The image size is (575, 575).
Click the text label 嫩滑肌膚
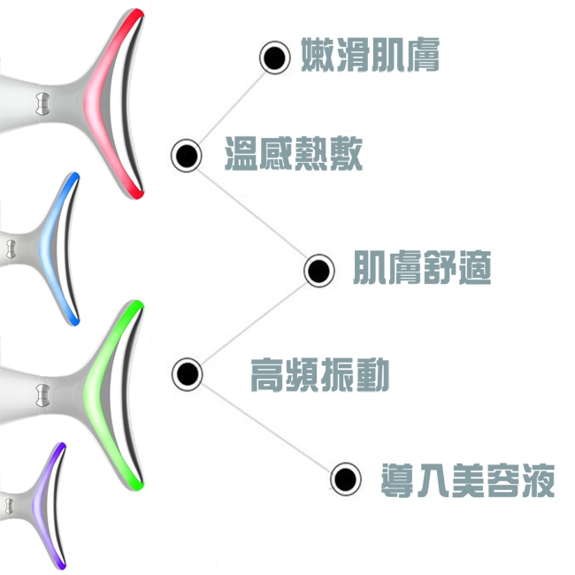(x=370, y=55)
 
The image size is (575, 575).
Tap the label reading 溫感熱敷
(x=294, y=154)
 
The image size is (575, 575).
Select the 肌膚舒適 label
(x=422, y=268)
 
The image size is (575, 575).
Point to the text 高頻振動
(x=319, y=375)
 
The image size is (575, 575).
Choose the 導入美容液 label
(x=468, y=480)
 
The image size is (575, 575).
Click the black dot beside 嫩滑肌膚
(x=274, y=57)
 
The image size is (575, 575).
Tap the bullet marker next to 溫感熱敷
(x=187, y=156)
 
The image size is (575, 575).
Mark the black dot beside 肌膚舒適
(x=319, y=271)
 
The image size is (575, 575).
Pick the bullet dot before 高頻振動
(x=187, y=374)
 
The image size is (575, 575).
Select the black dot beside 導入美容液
(x=345, y=479)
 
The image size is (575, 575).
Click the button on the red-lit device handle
(x=42, y=103)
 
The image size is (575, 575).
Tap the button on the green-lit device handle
(x=42, y=395)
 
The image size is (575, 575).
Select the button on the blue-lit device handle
(x=11, y=249)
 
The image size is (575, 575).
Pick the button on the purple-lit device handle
(x=9, y=506)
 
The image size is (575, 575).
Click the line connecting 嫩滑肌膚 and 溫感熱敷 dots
(x=231, y=106)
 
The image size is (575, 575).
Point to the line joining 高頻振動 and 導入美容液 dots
(x=266, y=426)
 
